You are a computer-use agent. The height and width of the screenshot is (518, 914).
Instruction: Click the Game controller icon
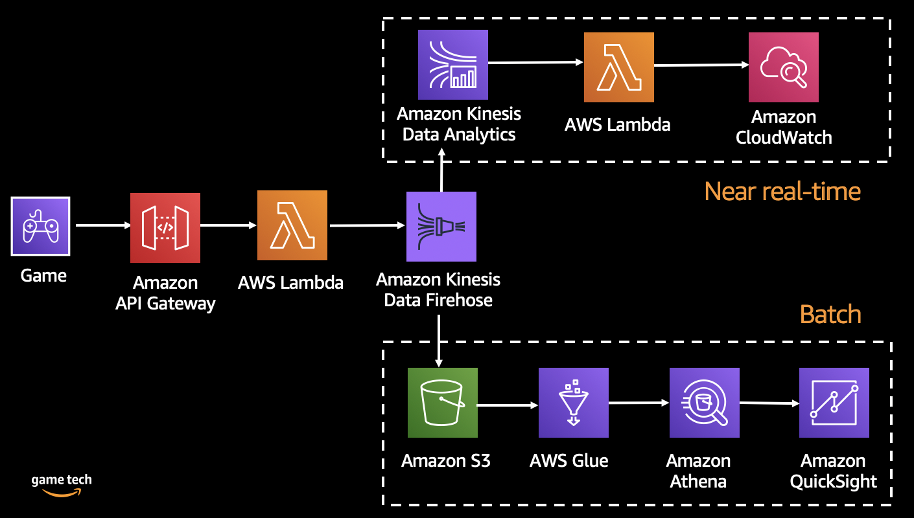[x=40, y=226]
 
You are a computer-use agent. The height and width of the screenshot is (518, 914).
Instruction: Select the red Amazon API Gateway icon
[x=165, y=227]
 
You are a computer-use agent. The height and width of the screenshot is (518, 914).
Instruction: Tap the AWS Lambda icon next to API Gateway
[x=292, y=225]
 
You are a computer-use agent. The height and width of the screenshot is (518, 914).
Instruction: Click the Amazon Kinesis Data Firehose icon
[x=441, y=227]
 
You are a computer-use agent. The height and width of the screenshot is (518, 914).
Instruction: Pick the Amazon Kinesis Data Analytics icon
[x=453, y=64]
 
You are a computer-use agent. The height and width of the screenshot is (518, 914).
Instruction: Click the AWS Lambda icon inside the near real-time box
[x=618, y=67]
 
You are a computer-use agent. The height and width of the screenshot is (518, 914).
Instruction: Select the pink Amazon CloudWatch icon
[x=783, y=67]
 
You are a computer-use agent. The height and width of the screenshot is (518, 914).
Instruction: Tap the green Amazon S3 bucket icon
[x=443, y=403]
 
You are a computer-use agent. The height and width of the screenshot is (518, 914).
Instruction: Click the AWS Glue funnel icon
[x=574, y=403]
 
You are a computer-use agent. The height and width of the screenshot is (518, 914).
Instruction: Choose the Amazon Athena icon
[x=705, y=403]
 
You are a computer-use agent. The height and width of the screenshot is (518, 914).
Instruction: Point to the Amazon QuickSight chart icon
[x=834, y=403]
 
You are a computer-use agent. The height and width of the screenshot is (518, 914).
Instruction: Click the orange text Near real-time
[x=782, y=191]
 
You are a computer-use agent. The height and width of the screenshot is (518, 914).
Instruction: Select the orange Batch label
[x=830, y=314]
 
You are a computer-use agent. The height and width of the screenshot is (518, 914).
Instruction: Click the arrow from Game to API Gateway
[x=102, y=226]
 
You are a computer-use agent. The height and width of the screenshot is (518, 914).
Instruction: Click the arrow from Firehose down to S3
[x=439, y=340]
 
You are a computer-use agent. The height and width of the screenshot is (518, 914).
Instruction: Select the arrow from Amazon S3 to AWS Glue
[x=507, y=405]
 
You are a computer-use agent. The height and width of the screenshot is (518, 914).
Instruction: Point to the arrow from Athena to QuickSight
[x=768, y=403]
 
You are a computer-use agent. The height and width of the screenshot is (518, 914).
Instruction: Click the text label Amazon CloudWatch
[x=783, y=128]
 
